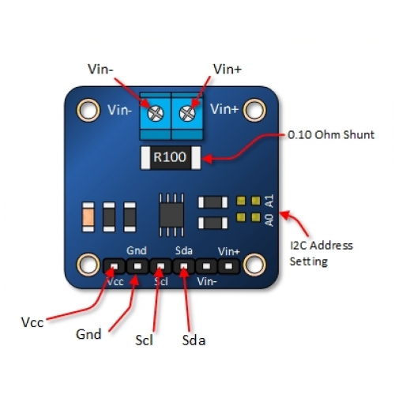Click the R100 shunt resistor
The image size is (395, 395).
tap(171, 157)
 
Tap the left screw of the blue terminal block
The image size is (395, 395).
tap(156, 114)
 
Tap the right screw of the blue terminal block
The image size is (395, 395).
tap(187, 114)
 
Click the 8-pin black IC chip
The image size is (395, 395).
tap(171, 215)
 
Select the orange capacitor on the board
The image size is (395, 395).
tap(88, 217)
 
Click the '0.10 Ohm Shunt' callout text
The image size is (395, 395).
tap(331, 135)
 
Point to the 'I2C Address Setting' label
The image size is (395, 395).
tap(321, 254)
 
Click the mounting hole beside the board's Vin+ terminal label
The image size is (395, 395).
tap(254, 110)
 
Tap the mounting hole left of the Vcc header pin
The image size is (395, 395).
tap(88, 265)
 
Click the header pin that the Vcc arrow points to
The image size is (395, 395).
tap(114, 266)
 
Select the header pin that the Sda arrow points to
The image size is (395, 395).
tap(183, 266)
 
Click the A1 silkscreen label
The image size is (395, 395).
tap(269, 201)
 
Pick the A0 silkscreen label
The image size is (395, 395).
tap(269, 220)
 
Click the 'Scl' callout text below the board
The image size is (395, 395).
tap(144, 340)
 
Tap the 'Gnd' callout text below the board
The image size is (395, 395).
tap(88, 334)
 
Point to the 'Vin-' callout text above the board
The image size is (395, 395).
tap(101, 70)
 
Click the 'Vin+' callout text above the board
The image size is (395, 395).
tap(228, 70)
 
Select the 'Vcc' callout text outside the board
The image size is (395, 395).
tap(32, 322)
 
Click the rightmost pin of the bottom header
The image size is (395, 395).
tap(229, 266)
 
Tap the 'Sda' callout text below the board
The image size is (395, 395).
tap(194, 340)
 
